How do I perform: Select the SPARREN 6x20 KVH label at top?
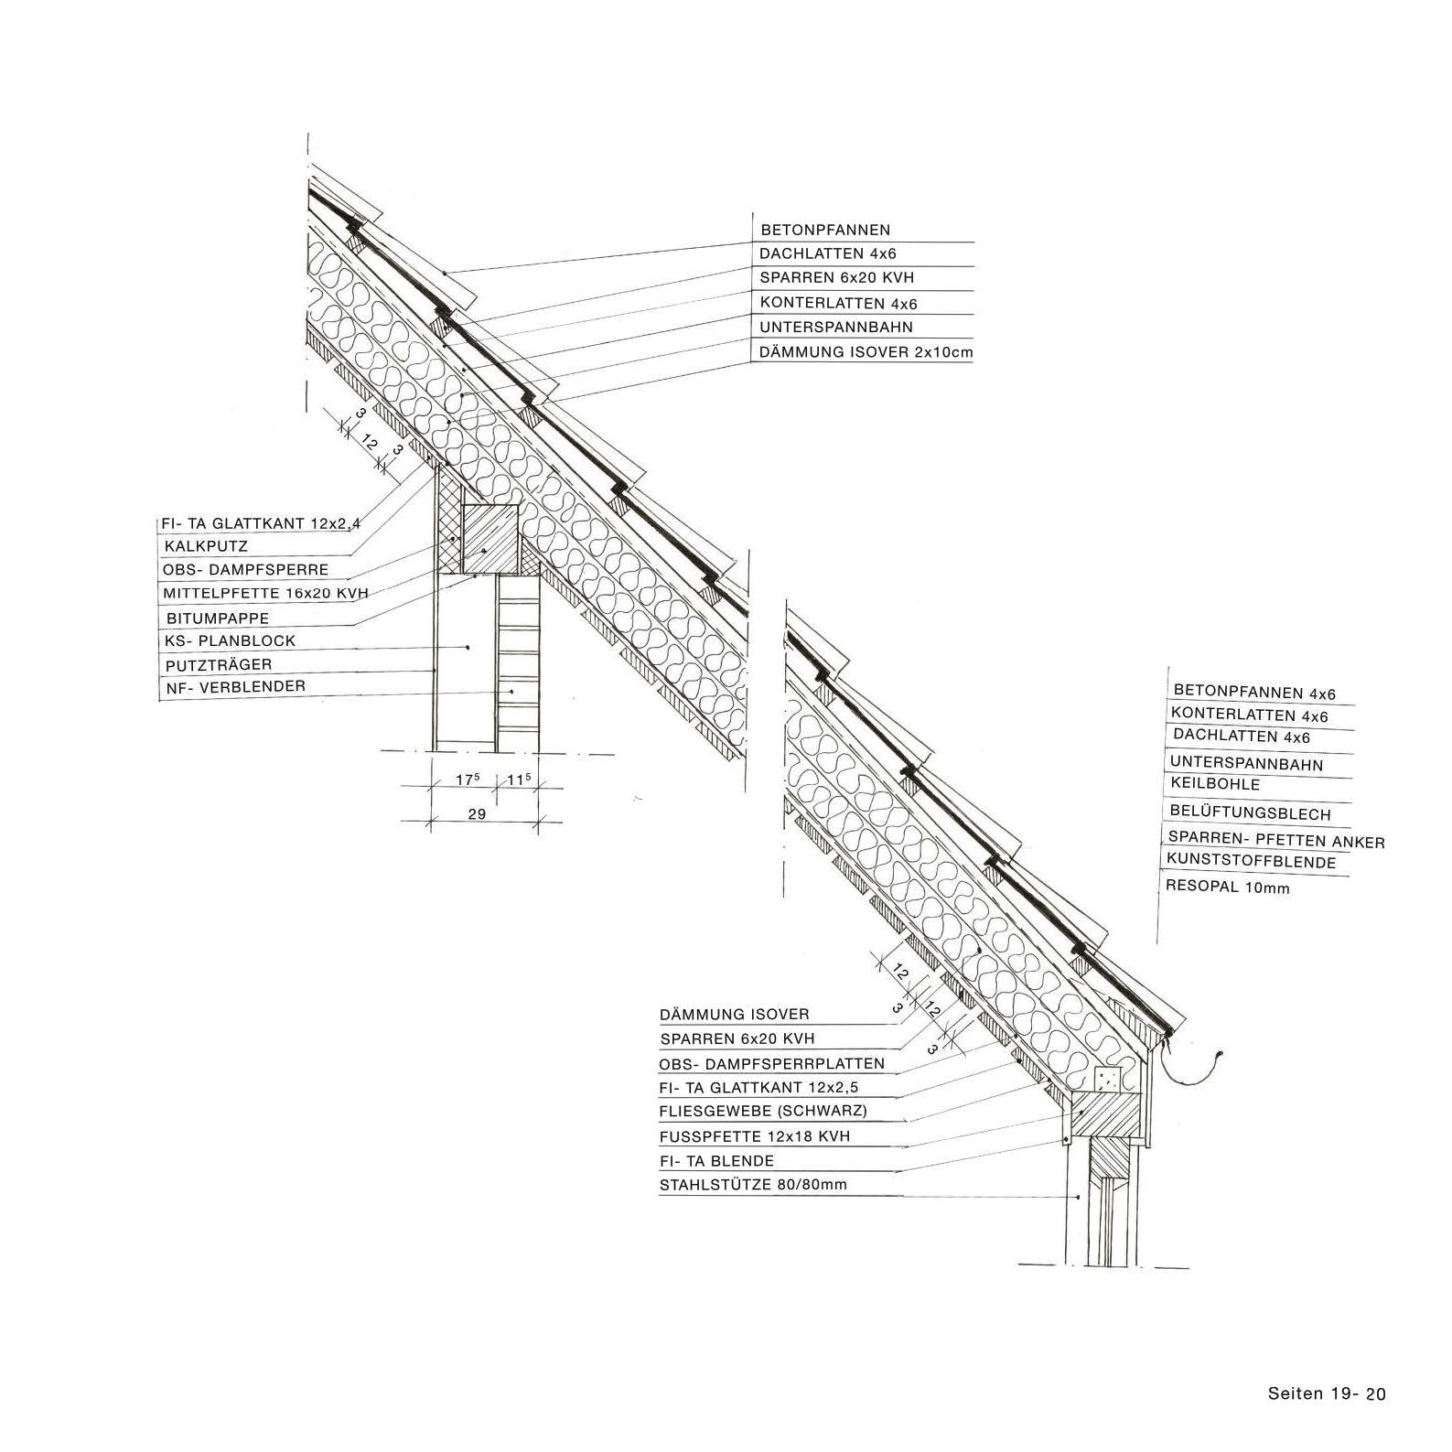pos(837,277)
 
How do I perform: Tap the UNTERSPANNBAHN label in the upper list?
pos(836,327)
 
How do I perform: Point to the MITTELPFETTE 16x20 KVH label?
pos(266,593)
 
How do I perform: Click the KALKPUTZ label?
pos(207,546)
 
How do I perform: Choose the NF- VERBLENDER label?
pos(235,686)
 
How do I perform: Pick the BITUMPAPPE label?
pos(218,618)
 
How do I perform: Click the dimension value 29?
pos(477,813)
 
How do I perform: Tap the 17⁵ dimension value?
pos(468,780)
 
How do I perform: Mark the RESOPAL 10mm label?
pos(1227,886)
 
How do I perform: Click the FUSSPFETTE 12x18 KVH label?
pos(755,1136)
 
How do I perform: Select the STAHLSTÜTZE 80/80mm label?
pos(753,1185)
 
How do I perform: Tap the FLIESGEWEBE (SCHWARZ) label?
pos(763,1112)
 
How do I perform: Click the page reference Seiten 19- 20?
pos(1328,1394)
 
